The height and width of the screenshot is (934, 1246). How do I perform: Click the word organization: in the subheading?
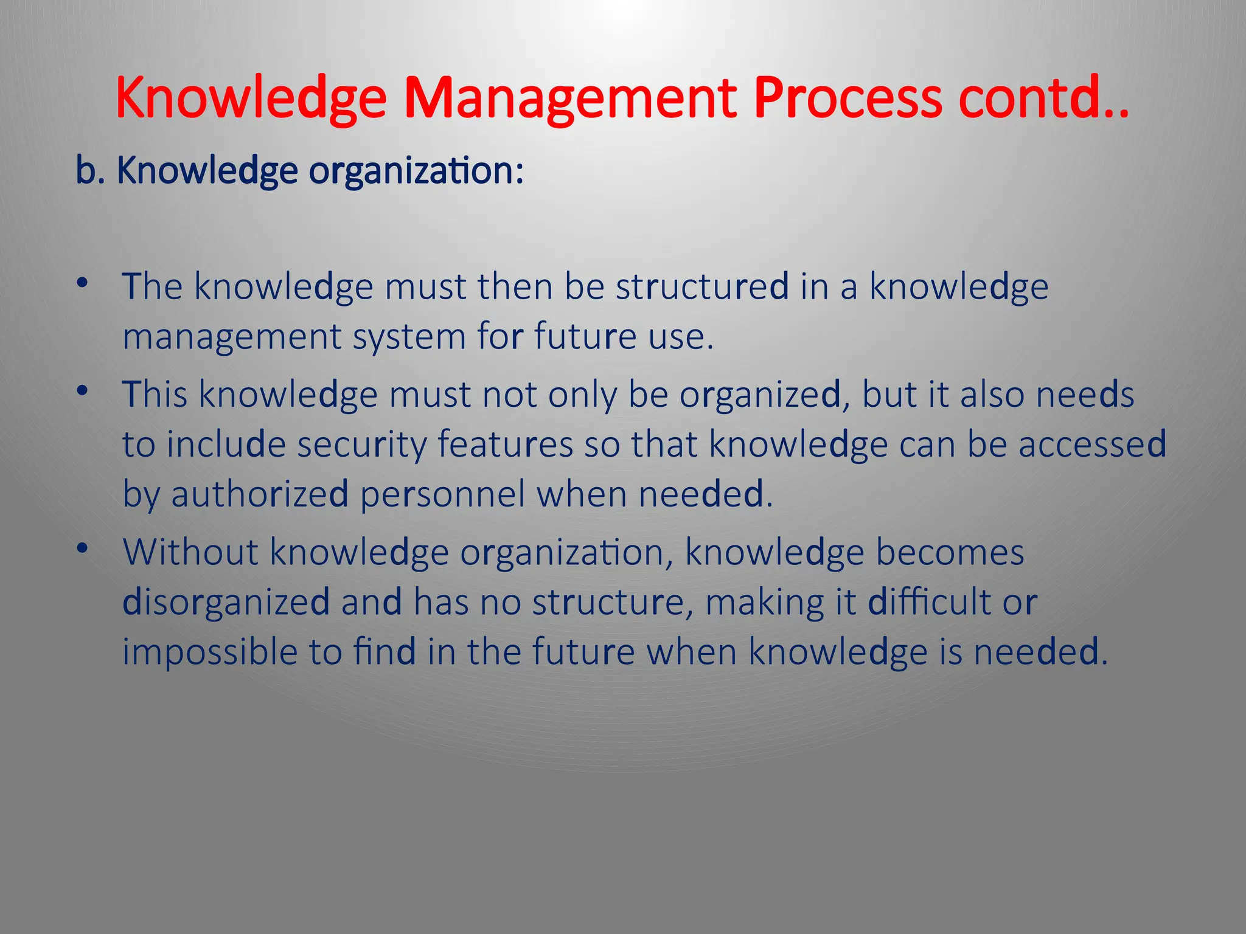tap(416, 171)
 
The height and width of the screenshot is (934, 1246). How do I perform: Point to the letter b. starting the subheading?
tap(90, 170)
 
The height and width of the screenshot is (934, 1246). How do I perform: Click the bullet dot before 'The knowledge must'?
tap(83, 283)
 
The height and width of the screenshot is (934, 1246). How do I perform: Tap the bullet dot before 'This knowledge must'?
tap(83, 391)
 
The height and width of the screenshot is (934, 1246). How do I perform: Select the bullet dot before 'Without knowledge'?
tap(83, 549)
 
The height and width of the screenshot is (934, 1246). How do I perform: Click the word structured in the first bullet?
tap(702, 286)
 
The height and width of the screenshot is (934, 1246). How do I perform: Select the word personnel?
tap(442, 494)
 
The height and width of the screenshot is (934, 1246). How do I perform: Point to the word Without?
tap(190, 552)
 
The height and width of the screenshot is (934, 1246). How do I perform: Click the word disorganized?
tap(226, 603)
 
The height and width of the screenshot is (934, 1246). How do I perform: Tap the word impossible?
tap(209, 652)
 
